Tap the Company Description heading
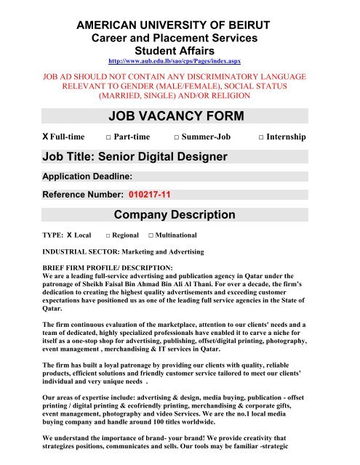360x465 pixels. click(175, 215)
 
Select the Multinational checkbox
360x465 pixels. click(150, 237)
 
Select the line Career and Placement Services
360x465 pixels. click(179, 38)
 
